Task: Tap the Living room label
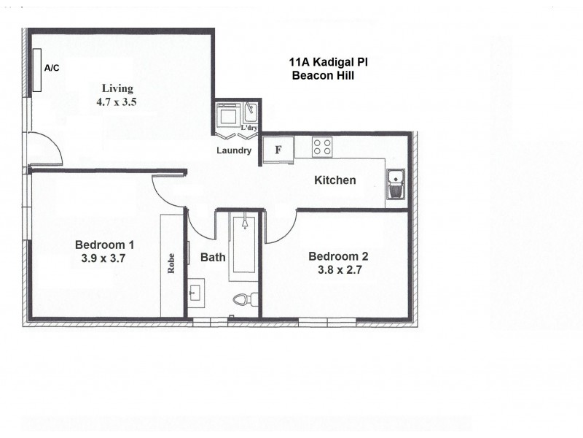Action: (117, 89)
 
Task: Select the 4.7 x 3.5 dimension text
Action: (117, 102)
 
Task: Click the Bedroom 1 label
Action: (104, 244)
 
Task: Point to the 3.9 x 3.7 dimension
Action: (104, 258)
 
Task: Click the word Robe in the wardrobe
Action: (172, 262)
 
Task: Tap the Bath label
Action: (213, 257)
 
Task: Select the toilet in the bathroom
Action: (243, 299)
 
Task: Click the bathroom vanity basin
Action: (196, 293)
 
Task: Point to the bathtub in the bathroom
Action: (244, 248)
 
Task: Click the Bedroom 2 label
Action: (338, 255)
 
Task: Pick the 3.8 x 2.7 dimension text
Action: (338, 269)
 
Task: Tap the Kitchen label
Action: (334, 180)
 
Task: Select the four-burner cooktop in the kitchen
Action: (322, 147)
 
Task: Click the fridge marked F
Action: (278, 150)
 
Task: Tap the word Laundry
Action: (234, 151)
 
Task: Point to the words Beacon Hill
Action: (322, 75)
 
